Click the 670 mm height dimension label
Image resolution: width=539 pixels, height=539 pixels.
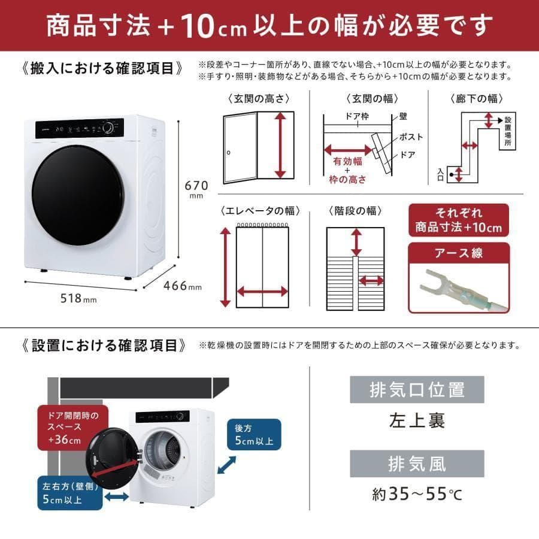196,189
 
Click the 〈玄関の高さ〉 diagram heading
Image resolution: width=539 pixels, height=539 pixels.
258,99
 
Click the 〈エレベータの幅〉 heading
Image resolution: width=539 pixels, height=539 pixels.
260,211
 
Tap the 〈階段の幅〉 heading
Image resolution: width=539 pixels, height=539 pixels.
355,211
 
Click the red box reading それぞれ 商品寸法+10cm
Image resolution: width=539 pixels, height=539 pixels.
458,220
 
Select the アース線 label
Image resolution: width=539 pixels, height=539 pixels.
458,253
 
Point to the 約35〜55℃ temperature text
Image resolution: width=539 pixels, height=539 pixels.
417,495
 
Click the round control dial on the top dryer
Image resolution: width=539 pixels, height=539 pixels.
108,128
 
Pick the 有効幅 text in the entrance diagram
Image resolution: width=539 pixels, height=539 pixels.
347,161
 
